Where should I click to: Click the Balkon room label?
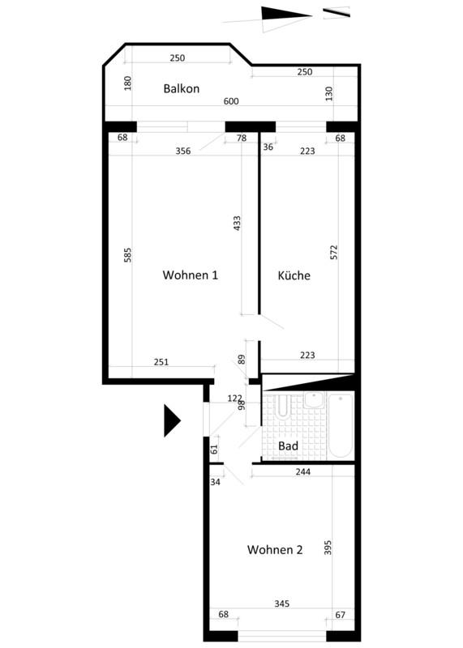coord(182,88)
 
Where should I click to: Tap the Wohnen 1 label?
coord(191,275)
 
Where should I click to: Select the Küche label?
coord(294,275)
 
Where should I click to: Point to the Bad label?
coord(288,446)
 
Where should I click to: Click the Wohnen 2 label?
coord(275,550)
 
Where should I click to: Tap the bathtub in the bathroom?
coord(341,425)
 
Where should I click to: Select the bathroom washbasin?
coord(314,400)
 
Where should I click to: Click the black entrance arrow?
coord(172,420)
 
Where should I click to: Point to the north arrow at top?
coord(286,16)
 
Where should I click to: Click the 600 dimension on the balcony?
coord(231,101)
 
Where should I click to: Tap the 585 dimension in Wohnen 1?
coord(127,255)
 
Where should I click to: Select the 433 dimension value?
coord(237,224)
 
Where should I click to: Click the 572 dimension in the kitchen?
coord(334,253)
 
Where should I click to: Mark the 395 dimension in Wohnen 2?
coord(328,548)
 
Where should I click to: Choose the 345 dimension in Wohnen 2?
coord(281,603)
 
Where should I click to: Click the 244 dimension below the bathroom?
coord(303,471)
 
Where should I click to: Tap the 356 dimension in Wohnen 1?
coord(183,151)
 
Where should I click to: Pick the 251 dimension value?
coord(161,362)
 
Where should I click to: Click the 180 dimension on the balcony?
coord(127,83)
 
